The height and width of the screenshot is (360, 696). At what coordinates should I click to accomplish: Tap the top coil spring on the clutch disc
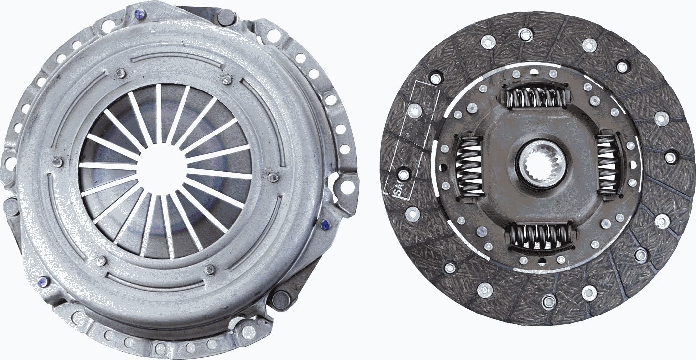535,97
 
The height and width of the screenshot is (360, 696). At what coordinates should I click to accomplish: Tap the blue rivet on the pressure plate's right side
325,225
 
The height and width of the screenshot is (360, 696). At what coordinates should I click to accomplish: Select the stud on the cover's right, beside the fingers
272,177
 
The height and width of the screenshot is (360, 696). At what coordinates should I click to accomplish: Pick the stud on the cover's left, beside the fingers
57,162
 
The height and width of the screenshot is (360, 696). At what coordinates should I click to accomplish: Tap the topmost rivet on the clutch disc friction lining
526,34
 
